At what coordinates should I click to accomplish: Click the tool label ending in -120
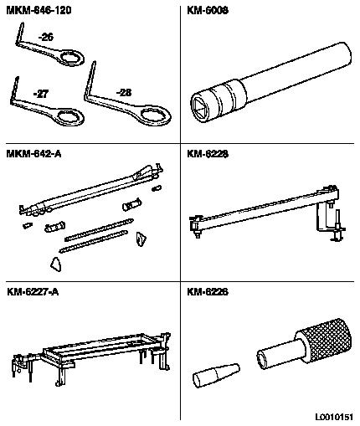[39, 10]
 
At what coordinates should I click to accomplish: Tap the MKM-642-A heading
[33, 154]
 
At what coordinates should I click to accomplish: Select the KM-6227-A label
[33, 292]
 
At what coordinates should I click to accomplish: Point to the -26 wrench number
[46, 37]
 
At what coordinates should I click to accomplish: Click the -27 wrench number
[41, 94]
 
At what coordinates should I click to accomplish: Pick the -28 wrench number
[124, 92]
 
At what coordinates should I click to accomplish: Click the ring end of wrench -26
[71, 58]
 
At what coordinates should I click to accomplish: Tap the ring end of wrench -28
[155, 115]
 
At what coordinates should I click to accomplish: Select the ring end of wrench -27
[69, 116]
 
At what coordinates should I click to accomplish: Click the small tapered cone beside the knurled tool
[216, 375]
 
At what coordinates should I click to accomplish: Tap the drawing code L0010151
[334, 417]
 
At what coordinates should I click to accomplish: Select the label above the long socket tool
[208, 10]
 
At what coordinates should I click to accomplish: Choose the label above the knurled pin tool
[208, 292]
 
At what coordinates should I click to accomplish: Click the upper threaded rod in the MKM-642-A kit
[99, 229]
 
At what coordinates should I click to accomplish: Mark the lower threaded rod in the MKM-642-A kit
[94, 241]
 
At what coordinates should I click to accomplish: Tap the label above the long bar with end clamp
[208, 154]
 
